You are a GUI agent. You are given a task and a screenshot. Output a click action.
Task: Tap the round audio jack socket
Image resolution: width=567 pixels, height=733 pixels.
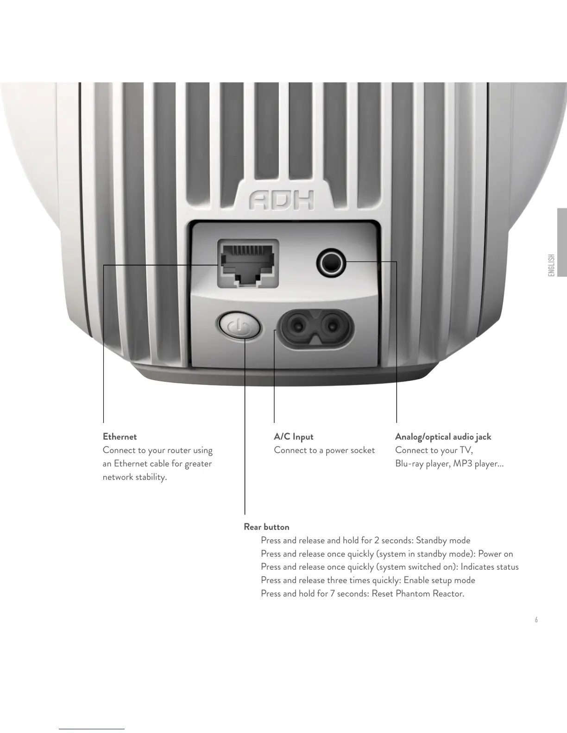click(x=331, y=263)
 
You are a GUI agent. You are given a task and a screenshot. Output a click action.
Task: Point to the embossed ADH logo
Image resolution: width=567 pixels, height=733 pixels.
click(x=282, y=199)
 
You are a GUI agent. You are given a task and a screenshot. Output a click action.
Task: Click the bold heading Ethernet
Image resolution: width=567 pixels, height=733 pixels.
click(x=120, y=437)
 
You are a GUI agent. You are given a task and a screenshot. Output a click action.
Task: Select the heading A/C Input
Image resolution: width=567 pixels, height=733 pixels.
click(x=293, y=437)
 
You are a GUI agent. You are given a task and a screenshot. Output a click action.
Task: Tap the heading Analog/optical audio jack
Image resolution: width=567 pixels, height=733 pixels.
click(x=443, y=437)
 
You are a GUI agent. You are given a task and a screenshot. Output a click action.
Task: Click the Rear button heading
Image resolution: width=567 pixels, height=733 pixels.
click(x=266, y=527)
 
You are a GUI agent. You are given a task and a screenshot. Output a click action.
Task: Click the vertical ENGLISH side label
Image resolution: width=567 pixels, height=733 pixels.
click(x=551, y=265)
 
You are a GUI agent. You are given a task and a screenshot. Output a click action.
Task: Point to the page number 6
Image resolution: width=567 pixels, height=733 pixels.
click(x=536, y=620)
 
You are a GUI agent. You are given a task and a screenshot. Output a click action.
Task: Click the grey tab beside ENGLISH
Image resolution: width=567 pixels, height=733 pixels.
click(x=562, y=242)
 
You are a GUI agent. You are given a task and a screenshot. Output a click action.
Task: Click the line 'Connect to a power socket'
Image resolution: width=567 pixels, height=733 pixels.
click(x=324, y=450)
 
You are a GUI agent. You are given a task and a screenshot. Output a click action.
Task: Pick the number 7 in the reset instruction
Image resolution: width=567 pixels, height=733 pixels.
click(x=333, y=594)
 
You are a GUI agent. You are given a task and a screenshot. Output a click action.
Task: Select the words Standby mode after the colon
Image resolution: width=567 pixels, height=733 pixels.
click(x=443, y=540)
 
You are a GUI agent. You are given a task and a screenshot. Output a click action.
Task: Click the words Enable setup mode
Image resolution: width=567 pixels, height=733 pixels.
click(x=439, y=580)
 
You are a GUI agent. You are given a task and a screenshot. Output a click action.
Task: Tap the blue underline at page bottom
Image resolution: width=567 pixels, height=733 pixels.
click(x=92, y=729)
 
